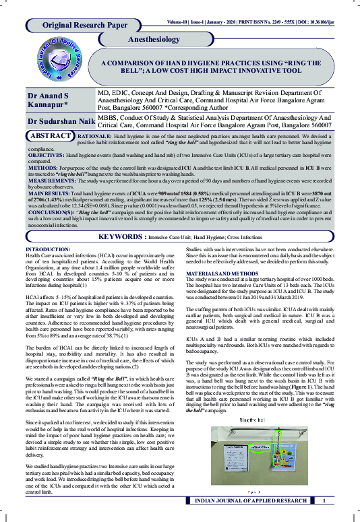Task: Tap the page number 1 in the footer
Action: (x=324, y=500)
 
